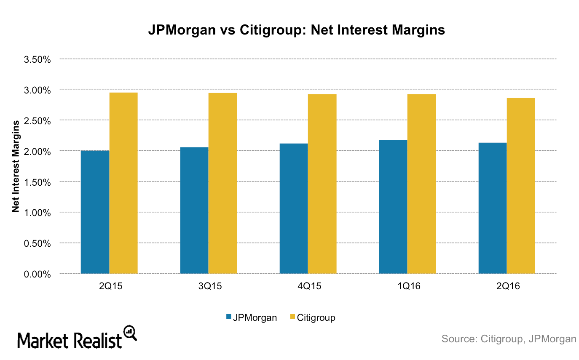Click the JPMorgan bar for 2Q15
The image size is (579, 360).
(95, 212)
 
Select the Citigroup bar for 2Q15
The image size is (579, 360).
(123, 183)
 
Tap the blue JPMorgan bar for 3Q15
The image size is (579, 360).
(194, 211)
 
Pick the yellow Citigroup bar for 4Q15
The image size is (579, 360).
(322, 184)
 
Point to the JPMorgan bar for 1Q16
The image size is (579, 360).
(393, 207)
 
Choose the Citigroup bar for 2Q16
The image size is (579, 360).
(521, 186)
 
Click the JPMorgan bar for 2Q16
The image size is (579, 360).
(493, 208)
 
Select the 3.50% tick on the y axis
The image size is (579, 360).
(38, 59)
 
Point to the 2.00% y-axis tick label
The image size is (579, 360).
(38, 151)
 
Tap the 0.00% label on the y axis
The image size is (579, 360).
(38, 274)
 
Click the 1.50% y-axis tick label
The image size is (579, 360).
(38, 182)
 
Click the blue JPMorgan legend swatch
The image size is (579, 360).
(229, 317)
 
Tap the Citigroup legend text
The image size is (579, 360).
(316, 317)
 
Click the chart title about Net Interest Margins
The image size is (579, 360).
(296, 30)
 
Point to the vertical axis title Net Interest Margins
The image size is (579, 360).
(16, 166)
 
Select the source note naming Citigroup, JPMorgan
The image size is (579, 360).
(508, 339)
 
